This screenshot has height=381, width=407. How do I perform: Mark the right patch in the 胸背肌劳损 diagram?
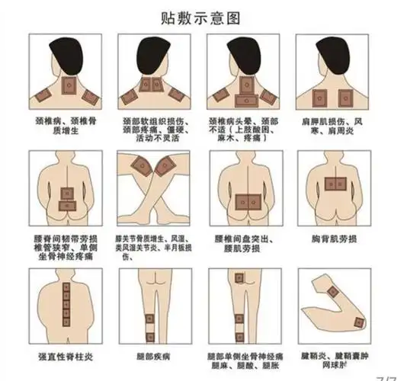[344, 183]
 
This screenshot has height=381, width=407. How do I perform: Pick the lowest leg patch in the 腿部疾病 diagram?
[149, 335]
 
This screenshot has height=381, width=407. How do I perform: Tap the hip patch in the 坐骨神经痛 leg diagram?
[242, 281]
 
